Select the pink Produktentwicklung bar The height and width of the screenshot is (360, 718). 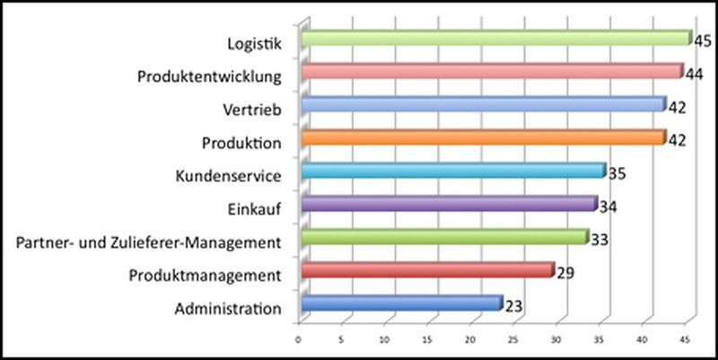[492, 72]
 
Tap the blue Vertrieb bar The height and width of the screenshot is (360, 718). [483, 105]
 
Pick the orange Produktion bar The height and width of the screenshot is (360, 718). [483, 138]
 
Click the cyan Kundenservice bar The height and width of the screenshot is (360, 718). [453, 171]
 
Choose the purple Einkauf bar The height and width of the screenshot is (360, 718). [449, 205]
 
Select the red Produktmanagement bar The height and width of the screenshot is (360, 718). [427, 271]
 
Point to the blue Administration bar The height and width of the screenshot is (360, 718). [401, 304]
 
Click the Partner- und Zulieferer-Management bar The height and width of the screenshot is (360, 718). [444, 238]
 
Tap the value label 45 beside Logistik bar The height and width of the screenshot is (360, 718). [703, 40]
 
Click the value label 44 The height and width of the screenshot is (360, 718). [694, 75]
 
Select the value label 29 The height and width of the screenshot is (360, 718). [565, 273]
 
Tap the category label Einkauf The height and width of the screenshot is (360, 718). [256, 209]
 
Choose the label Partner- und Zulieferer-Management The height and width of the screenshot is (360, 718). [150, 242]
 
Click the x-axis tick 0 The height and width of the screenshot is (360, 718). [299, 340]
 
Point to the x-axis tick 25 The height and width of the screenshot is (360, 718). [513, 340]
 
